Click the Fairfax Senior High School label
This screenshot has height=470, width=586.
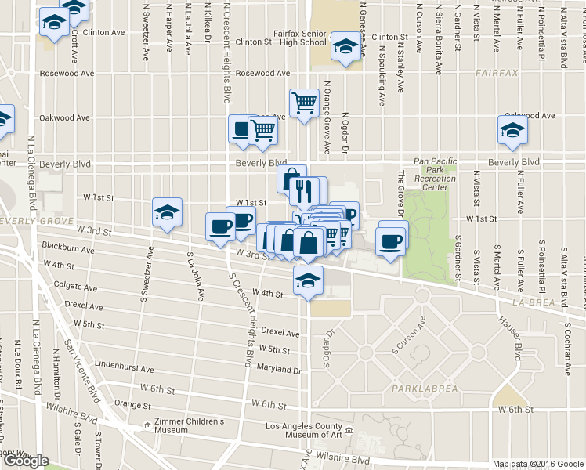(302, 38)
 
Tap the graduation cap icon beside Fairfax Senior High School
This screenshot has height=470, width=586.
(345, 46)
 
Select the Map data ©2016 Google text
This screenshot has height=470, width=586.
(537, 464)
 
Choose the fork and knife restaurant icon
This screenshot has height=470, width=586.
(303, 191)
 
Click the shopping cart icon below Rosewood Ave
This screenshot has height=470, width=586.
(303, 102)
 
